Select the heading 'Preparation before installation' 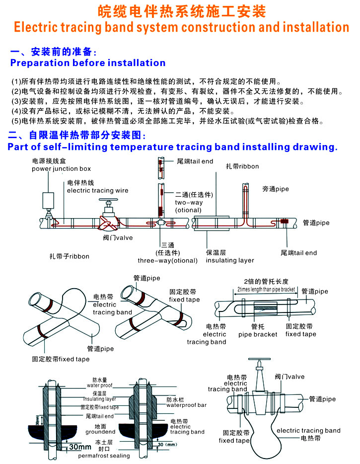(88, 63)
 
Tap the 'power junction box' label (62, 169)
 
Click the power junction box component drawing (49, 201)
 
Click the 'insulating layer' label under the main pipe (229, 260)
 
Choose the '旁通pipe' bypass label (276, 189)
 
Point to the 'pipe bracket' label (258, 334)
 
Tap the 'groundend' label (100, 432)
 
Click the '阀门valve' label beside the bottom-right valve (289, 377)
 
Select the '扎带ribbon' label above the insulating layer (242, 166)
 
